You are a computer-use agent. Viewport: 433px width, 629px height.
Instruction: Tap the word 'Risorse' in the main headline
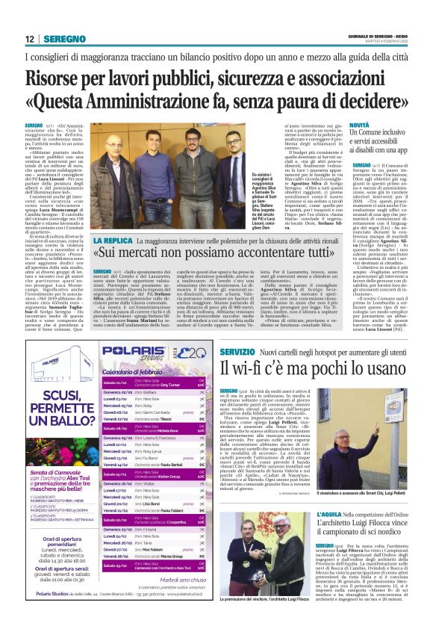tap(58, 77)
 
